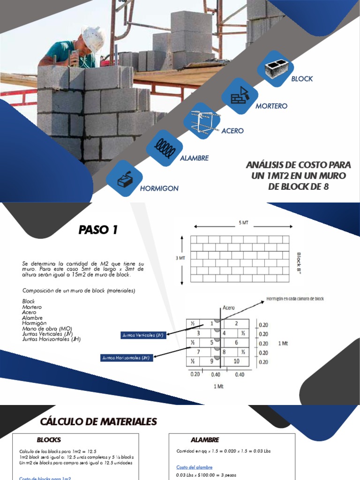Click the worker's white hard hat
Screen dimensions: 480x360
(93, 38)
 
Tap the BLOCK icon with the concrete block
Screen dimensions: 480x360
(275, 68)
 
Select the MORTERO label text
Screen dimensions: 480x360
(271, 106)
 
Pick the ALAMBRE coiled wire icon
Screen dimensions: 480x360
(165, 149)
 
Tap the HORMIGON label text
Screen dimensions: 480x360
(159, 188)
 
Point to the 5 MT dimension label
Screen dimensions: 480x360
(243, 223)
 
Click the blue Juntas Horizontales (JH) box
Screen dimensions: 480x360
(125, 358)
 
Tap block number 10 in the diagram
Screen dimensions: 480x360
(236, 361)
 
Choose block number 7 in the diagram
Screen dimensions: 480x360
(199, 352)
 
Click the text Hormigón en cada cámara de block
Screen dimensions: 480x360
(295, 298)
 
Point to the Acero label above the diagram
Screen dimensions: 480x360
(229, 308)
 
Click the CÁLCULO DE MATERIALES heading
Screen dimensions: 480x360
(98, 422)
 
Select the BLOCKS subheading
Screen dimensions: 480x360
(49, 440)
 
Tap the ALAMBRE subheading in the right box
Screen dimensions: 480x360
(205, 440)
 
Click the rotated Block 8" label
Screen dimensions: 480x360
(299, 264)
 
